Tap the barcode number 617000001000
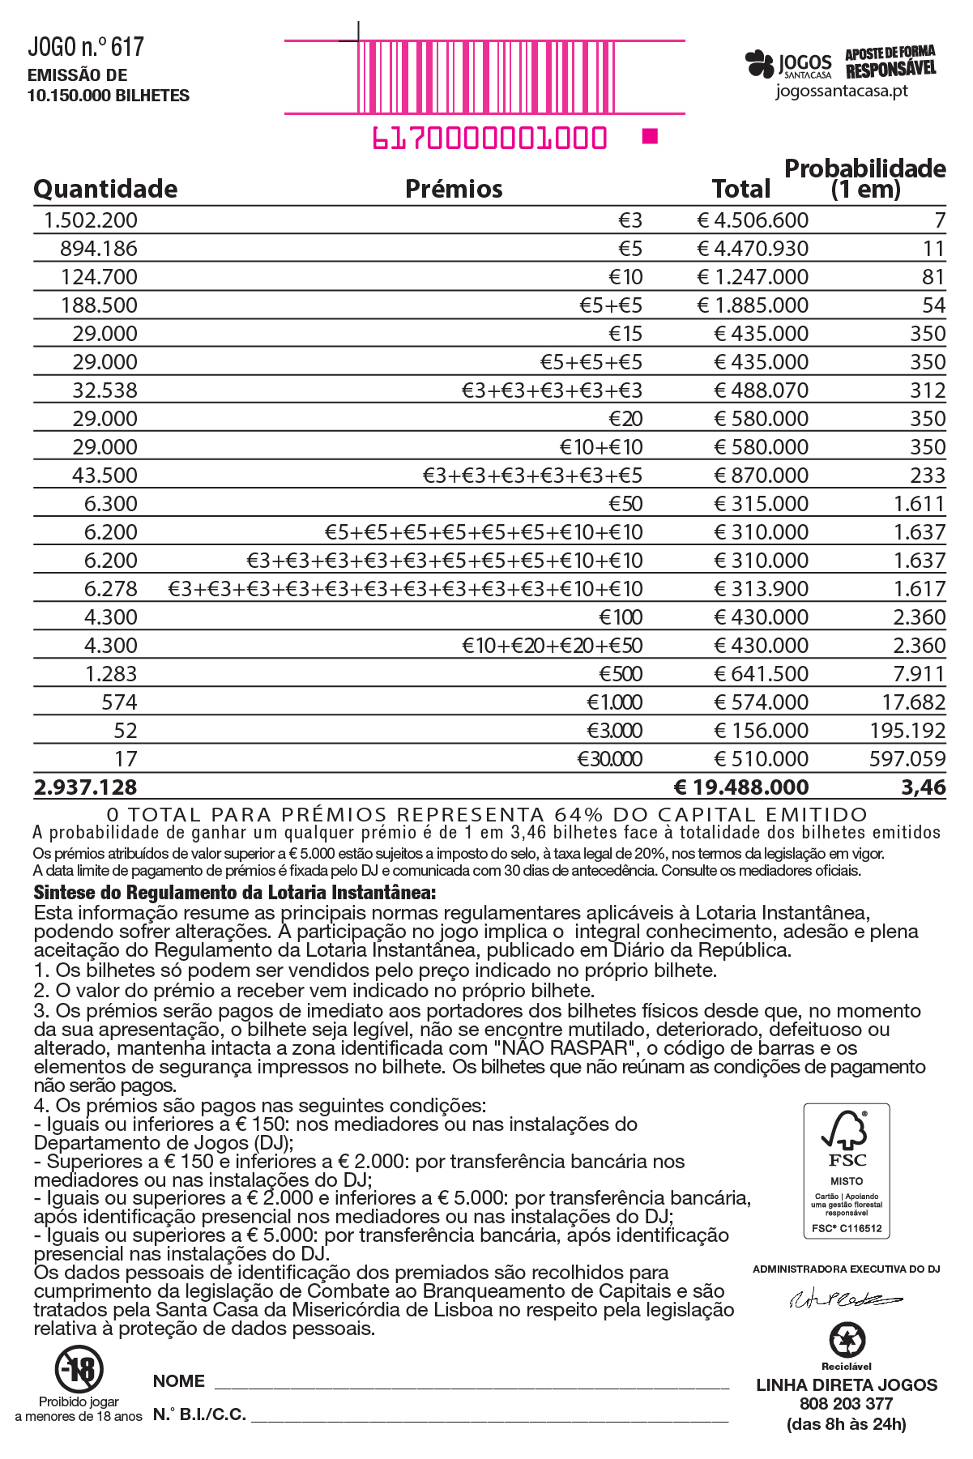point(489,139)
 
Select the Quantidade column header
point(105,189)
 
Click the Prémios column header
point(454,189)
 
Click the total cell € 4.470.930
point(753,249)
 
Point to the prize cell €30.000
point(609,759)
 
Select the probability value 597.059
point(907,759)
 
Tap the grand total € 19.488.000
point(741,787)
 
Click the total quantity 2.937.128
point(86,787)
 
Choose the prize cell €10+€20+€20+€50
point(552,646)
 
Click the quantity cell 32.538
point(105,390)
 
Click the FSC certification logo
point(847,1170)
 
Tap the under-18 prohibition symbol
point(79,1369)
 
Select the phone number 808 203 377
point(846,1404)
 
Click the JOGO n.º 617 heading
point(86,48)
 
